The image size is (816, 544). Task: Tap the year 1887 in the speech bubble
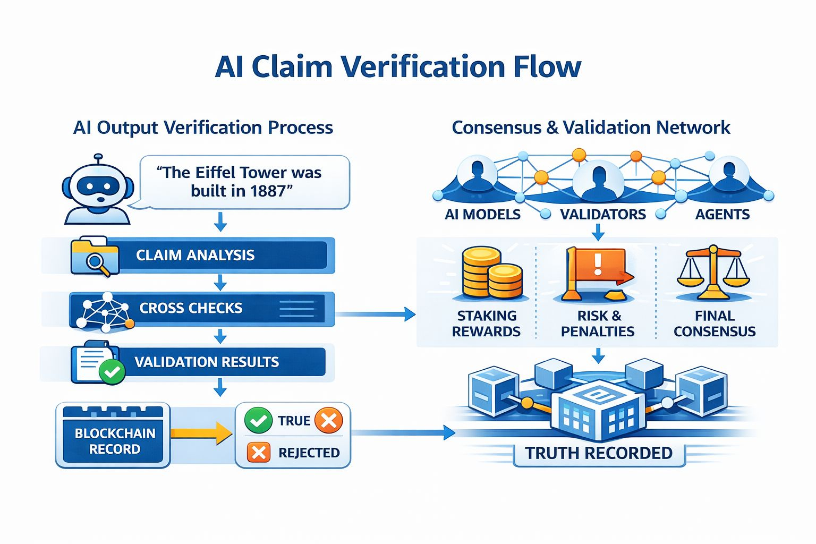pos(268,191)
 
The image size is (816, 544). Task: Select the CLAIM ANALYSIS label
pos(195,255)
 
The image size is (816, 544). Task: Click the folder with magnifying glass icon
pos(95,257)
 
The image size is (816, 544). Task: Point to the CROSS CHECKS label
pos(191,308)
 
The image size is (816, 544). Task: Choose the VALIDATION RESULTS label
pos(207,362)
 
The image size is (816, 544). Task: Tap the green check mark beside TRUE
pos(258,420)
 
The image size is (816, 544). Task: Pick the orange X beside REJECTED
pos(259,452)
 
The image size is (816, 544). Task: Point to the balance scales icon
pos(713,273)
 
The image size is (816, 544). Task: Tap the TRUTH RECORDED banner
pos(599,453)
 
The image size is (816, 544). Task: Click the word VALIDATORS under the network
pos(603,215)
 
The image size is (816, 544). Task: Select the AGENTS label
pos(722,215)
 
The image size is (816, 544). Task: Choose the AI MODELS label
pos(482,215)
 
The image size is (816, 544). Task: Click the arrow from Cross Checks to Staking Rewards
pos(375,314)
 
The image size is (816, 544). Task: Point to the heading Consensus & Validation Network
pos(591,127)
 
